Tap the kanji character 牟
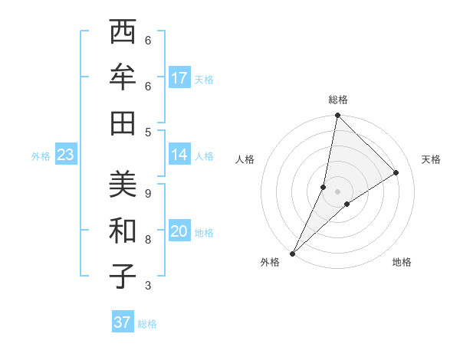pos(123,77)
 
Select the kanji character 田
pos(123,123)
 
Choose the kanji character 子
pos(123,276)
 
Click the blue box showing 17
pos(179,78)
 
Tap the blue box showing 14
pos(179,155)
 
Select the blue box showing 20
pos(179,231)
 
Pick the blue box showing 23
pos(66,155)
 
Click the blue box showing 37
pos(123,322)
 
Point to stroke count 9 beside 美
pos(148,194)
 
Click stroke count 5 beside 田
pos(148,132)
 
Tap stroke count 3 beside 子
pos(148,286)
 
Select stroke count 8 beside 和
pos(148,240)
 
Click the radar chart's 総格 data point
pos(337,116)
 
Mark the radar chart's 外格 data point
pos(293,253)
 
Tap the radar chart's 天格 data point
pos(396,173)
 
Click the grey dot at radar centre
pos(337,191)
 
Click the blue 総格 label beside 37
pos(147,324)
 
